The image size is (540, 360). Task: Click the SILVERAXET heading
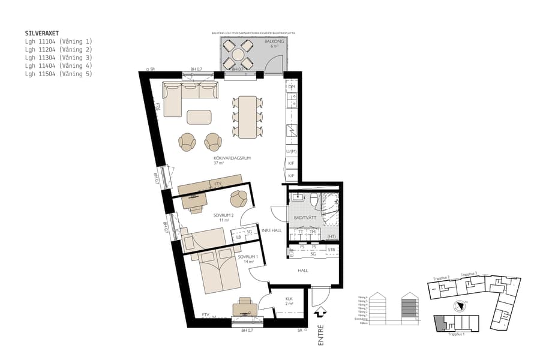pyautogui.click(x=41, y=34)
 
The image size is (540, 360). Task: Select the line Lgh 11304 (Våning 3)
pyautogui.click(x=59, y=58)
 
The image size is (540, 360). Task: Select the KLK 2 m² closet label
pyautogui.click(x=289, y=301)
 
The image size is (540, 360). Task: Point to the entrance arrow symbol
pyautogui.click(x=320, y=312)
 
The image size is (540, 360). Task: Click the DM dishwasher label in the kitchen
pyautogui.click(x=292, y=88)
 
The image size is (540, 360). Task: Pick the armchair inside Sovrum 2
pyautogui.click(x=240, y=198)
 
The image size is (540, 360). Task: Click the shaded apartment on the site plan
pyautogui.click(x=441, y=323)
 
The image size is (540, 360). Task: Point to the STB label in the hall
pyautogui.click(x=331, y=249)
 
